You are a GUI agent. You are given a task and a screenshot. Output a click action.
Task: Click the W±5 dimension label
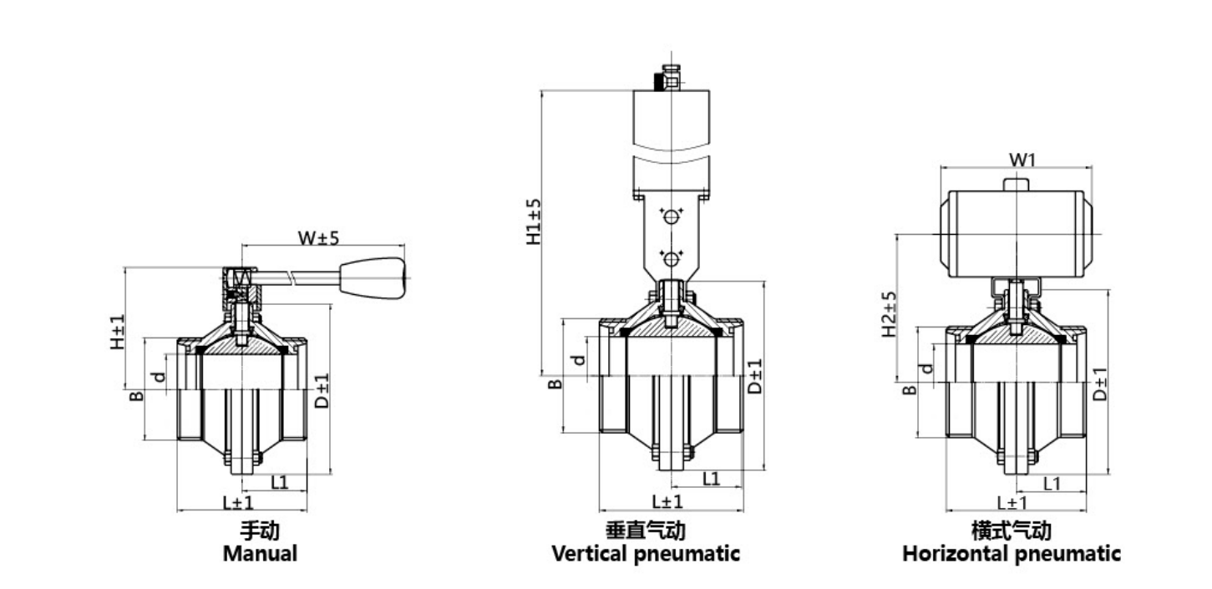tap(319, 237)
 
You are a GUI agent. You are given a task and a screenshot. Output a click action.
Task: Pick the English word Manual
tap(260, 553)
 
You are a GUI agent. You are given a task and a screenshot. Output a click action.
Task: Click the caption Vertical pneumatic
tap(646, 553)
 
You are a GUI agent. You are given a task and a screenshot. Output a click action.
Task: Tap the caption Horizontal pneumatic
tap(1012, 553)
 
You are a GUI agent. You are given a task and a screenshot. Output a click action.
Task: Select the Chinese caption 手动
tap(260, 531)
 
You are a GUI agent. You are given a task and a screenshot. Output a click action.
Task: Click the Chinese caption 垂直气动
tap(646, 531)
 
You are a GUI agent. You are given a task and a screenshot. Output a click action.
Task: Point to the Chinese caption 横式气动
tap(1012, 531)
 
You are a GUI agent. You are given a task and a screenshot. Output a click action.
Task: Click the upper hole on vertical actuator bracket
tap(670, 216)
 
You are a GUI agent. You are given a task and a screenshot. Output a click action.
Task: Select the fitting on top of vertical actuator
tap(667, 78)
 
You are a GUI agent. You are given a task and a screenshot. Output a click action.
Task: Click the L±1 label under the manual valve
tap(237, 501)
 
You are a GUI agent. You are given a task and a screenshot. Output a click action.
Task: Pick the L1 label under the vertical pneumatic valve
tap(712, 478)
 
